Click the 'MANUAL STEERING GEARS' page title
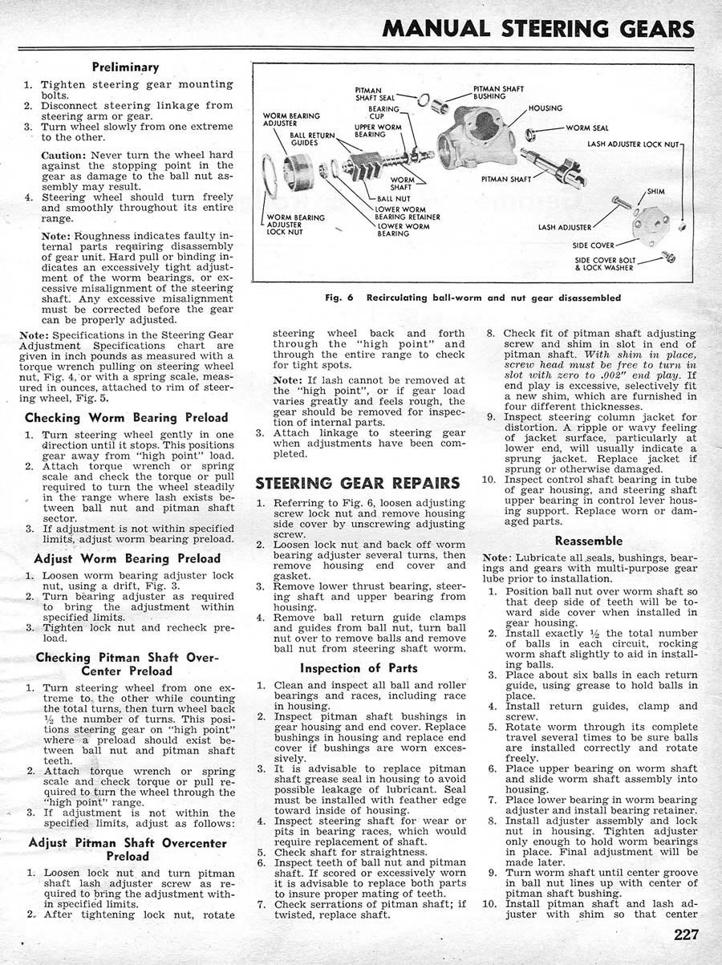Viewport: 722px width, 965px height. tap(539, 28)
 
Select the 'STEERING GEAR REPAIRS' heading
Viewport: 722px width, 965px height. tap(357, 483)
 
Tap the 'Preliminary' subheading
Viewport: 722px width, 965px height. tap(124, 67)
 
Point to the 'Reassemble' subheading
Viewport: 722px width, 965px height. tap(588, 541)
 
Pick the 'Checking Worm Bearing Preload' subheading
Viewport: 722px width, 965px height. tap(127, 417)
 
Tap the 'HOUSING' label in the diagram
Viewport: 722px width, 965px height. tap(545, 108)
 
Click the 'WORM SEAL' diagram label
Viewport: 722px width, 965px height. tap(587, 128)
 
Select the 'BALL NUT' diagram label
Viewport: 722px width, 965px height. tap(392, 197)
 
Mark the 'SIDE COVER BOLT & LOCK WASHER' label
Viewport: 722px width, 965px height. tap(606, 264)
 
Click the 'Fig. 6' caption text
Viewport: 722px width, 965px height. tap(473, 298)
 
